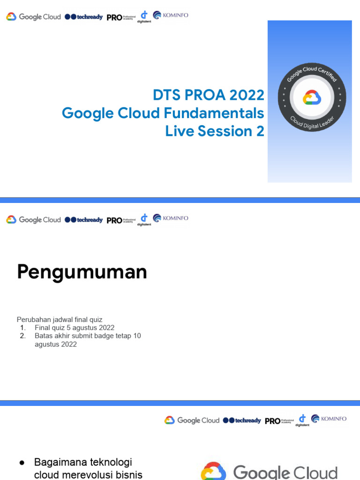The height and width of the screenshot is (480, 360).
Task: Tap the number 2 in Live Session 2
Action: pos(260,131)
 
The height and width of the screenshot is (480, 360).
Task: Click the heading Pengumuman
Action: pos(82,272)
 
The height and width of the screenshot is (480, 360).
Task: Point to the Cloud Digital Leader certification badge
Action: pos(312,98)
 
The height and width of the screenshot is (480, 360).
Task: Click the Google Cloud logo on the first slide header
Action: pos(33,17)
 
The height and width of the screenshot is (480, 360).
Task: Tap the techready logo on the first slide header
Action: pos(83,17)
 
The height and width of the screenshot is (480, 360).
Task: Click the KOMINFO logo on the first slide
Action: pos(171,15)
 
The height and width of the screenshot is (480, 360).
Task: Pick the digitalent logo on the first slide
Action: pos(144,16)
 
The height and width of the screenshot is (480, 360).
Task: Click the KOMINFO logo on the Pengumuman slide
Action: pos(171,218)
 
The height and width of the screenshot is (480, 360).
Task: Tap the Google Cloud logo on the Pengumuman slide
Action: pos(33,220)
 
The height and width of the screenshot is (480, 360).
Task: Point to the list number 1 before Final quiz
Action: pos(22,328)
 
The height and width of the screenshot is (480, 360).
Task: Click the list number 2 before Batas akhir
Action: pos(22,336)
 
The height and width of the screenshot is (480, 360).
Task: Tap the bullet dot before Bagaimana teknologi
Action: pos(22,463)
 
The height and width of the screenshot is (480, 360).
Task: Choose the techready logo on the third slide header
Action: pos(242,420)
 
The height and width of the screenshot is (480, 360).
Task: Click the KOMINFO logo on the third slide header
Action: pos(329,419)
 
